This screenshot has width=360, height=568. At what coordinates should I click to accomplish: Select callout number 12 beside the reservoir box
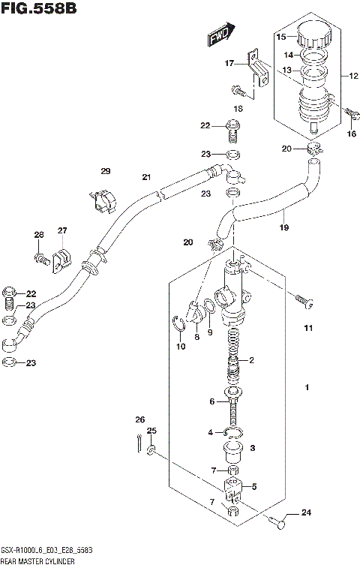point(353,76)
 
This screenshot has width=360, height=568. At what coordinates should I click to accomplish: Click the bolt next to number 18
point(238,92)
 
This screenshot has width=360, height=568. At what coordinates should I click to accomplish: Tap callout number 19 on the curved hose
point(284,227)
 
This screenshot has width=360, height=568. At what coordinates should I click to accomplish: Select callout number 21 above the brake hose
point(147,177)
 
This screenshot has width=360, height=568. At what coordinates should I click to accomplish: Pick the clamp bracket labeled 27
point(62,257)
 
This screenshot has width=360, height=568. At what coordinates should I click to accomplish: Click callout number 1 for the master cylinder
point(306,388)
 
